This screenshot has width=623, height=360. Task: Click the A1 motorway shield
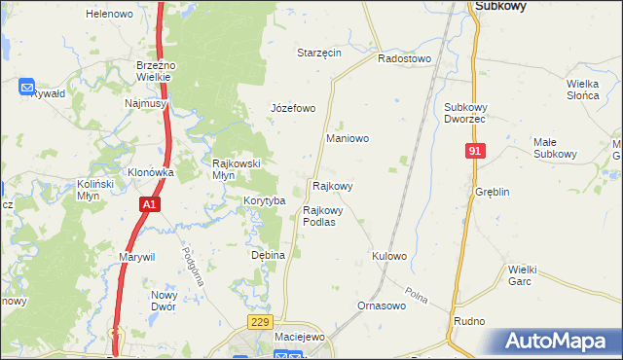point(148,205)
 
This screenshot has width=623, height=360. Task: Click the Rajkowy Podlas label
point(319,215)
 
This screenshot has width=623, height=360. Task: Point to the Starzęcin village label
point(319,53)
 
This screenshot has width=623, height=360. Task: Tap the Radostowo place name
point(404,58)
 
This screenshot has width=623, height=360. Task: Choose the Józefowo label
point(293,108)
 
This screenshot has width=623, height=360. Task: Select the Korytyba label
point(264,200)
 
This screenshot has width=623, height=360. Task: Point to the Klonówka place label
point(150,172)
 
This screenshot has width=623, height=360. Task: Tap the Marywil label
point(137,256)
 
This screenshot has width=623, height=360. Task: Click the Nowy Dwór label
point(163,300)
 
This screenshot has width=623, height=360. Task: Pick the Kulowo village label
point(388,256)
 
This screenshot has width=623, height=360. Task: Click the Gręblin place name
point(493,193)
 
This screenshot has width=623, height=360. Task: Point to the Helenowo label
point(109,15)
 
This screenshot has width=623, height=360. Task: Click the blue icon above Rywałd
point(27,86)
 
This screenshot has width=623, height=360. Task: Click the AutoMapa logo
point(558,342)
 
